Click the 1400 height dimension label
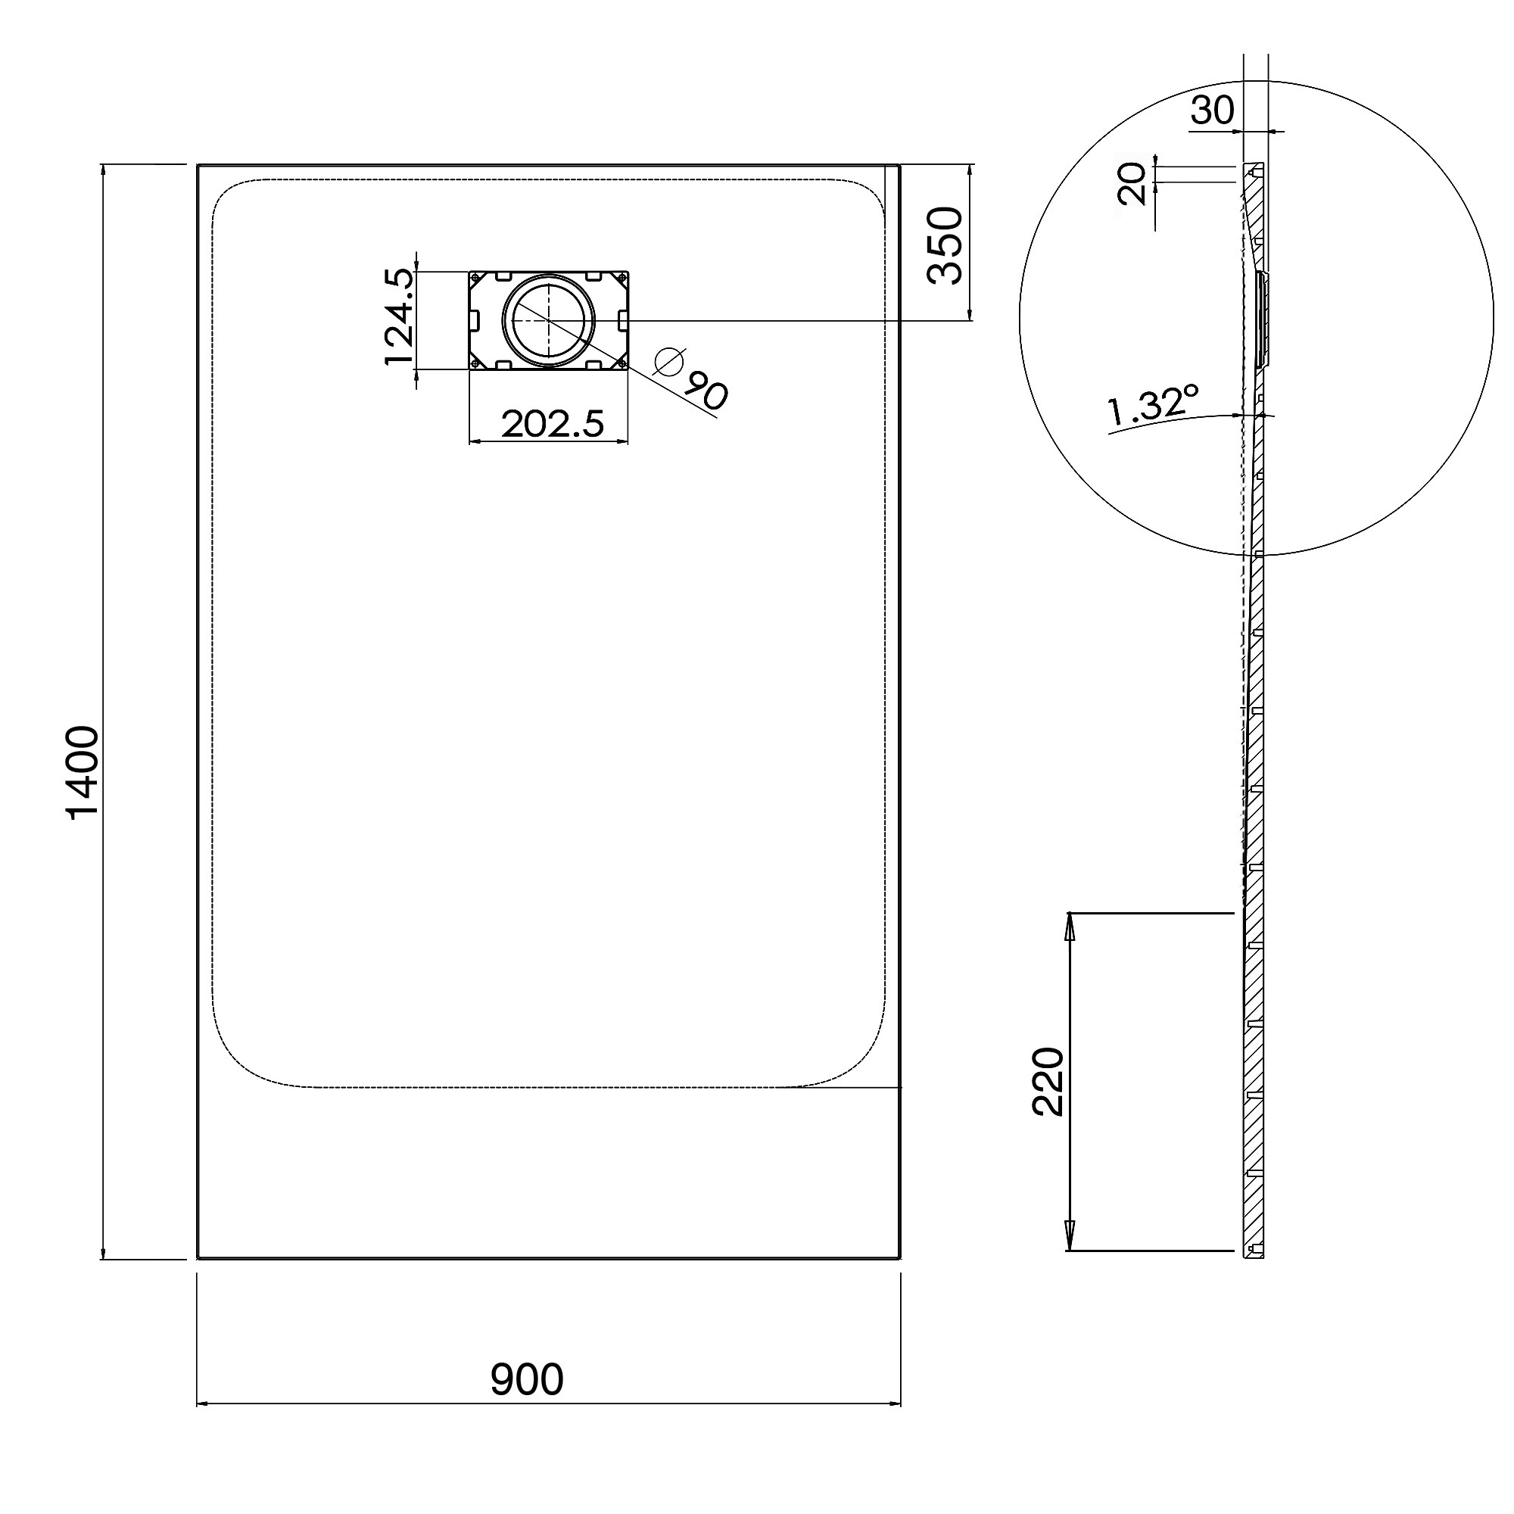pos(83,773)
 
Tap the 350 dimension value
pos(944,245)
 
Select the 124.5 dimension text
pos(398,316)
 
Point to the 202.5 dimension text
pos(553,424)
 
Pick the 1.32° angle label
pos(1153,406)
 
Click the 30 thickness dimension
pos(1211,111)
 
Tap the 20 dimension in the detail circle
pos(1133,183)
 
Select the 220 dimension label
pos(1048,1082)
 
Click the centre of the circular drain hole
pos(549,320)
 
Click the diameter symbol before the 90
pos(669,362)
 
